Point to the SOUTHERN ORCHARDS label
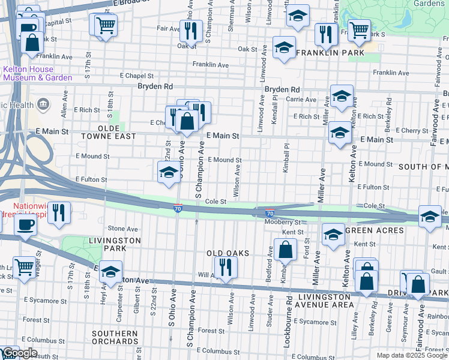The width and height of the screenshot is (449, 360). coord(115,337)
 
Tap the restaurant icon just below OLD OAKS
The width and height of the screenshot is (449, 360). coord(225,266)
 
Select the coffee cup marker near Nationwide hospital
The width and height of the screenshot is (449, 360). coord(25,226)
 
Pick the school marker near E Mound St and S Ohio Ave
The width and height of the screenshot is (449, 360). coord(167,172)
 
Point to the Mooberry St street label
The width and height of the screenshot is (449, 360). coord(282,222)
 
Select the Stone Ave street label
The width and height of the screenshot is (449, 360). coord(122,229)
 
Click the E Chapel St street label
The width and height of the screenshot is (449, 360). coord(137,76)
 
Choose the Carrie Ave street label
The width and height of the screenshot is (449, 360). coord(301,100)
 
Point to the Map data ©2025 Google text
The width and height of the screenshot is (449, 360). coord(412,355)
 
